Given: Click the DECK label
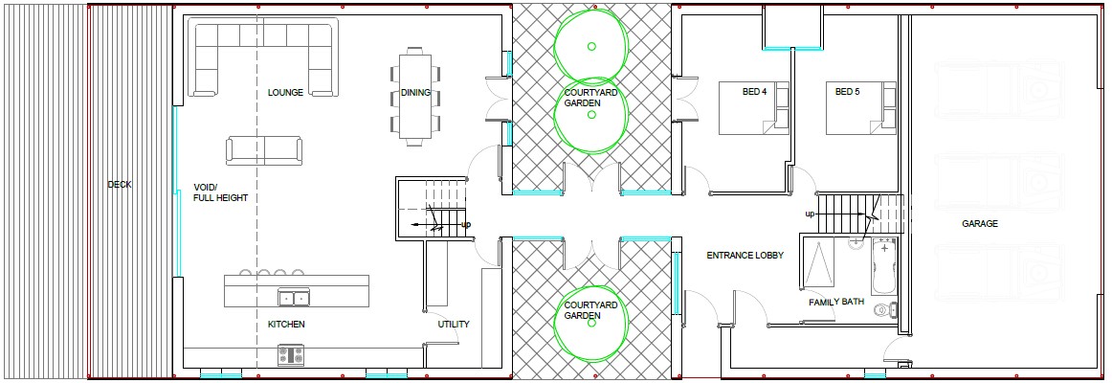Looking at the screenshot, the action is tap(119, 185).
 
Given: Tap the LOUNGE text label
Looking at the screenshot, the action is tap(286, 92).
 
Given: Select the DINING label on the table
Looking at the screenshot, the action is tap(415, 92).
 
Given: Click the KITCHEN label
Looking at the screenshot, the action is tap(286, 325).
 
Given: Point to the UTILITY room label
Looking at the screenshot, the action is tap(454, 325).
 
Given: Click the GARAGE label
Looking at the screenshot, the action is tap(980, 223).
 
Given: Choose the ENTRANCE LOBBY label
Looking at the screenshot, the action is tap(745, 256).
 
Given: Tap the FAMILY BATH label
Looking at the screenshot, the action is tap(836, 302).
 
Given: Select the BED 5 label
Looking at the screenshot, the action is tap(847, 92).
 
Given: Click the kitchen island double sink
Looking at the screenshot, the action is tap(294, 298).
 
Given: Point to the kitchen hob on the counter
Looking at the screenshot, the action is tap(291, 354).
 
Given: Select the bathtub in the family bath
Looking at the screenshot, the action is tap(883, 268).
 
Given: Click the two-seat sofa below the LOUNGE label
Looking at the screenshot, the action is tap(264, 150).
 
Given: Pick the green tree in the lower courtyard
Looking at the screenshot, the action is tap(591, 323).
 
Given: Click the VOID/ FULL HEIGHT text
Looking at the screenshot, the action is tap(220, 192).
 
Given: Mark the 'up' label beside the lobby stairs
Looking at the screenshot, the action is tap(810, 214).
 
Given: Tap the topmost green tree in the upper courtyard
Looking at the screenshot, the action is tap(591, 47).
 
